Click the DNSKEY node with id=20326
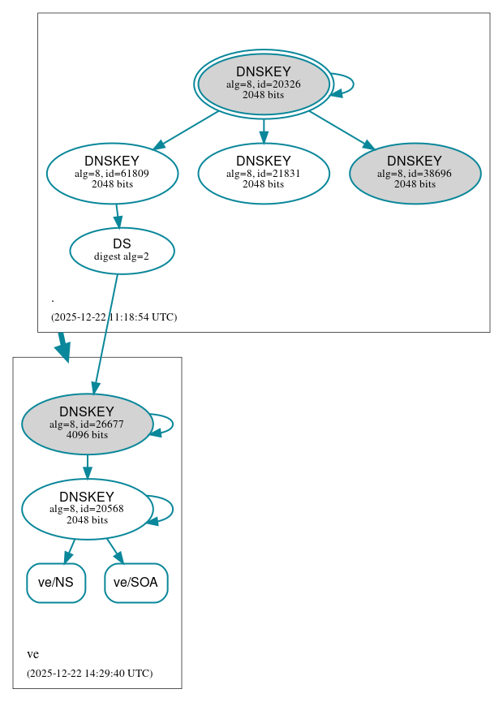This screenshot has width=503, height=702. [263, 84]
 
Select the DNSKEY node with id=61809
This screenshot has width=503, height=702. [112, 173]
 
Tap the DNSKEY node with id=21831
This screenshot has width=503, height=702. [263, 173]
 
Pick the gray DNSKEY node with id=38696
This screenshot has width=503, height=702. [415, 173]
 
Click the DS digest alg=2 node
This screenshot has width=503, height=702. [122, 250]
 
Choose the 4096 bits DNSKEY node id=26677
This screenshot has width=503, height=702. [87, 424]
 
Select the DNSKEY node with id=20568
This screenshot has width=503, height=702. [87, 509]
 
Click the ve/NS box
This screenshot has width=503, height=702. [56, 583]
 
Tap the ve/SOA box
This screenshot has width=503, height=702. [135, 583]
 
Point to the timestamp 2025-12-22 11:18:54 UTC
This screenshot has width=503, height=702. [114, 317]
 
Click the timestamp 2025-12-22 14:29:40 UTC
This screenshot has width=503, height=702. [89, 673]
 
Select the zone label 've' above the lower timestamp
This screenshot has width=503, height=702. [32, 654]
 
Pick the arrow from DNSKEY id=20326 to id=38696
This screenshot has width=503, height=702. [341, 129]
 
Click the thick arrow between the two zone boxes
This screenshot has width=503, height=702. [62, 347]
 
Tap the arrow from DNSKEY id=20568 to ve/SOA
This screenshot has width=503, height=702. [114, 549]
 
